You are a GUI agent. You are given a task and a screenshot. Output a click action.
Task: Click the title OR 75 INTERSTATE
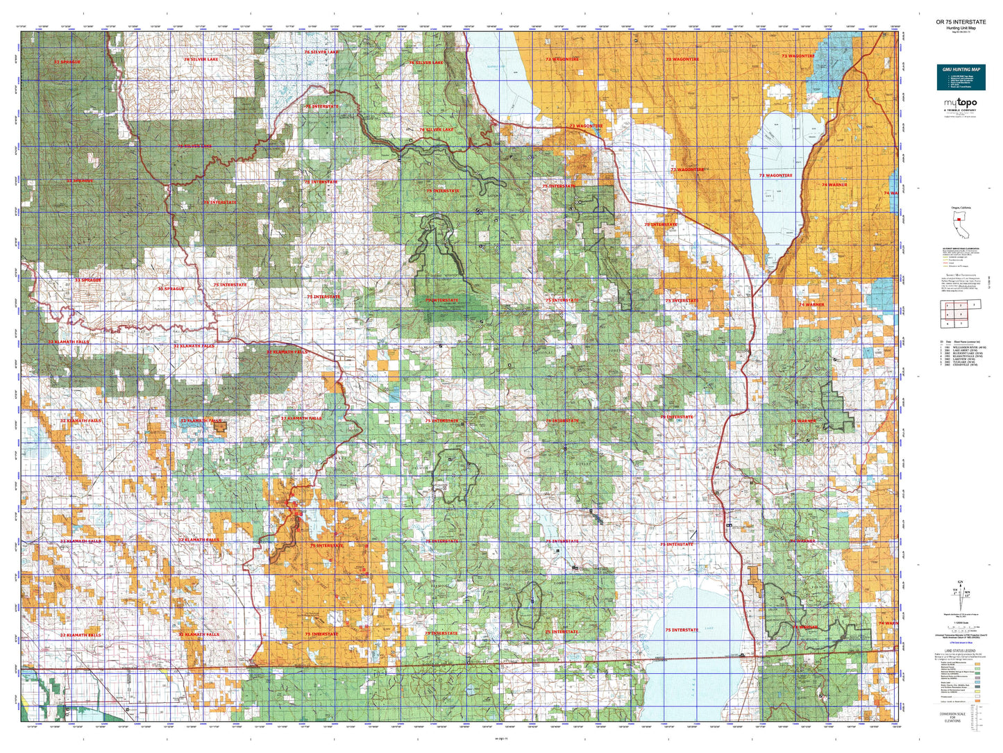click(960, 22)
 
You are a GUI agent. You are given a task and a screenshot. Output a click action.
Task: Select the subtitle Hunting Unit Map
click(960, 28)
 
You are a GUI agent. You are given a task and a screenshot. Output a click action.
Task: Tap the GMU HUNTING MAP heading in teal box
click(961, 69)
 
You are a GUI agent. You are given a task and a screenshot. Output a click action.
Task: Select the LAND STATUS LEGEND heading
click(961, 650)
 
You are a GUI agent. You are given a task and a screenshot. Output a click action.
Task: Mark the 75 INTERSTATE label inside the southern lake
click(682, 630)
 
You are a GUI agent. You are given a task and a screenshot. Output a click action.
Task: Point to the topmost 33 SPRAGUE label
click(67, 62)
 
